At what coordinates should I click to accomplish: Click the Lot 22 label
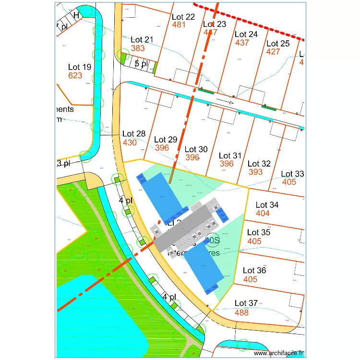click(x=183, y=17)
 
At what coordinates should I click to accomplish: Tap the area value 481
click(x=179, y=25)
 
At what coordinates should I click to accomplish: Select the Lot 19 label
click(x=80, y=67)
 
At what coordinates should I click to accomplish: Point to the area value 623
click(x=75, y=76)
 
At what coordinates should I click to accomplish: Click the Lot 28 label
click(x=134, y=134)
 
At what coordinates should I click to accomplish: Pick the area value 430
click(x=130, y=143)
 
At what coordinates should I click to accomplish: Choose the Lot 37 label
click(x=246, y=303)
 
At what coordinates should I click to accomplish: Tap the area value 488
click(x=242, y=312)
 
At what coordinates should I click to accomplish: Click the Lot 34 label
click(x=267, y=205)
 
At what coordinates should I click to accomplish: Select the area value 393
click(x=256, y=172)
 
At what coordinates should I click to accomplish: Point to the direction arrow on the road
click(x=225, y=102)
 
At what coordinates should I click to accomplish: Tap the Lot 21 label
click(x=142, y=39)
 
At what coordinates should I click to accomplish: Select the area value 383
click(x=138, y=48)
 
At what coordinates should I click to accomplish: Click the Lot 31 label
click(x=230, y=156)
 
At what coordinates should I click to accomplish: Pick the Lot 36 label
click(x=254, y=271)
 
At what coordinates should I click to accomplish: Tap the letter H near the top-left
click(x=76, y=15)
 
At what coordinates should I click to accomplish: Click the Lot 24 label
click(x=246, y=34)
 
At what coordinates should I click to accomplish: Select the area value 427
click(x=273, y=52)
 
